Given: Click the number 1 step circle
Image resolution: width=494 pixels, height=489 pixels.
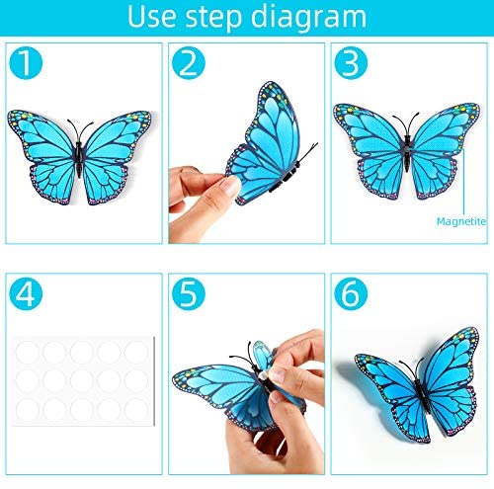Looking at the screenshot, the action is [26, 63].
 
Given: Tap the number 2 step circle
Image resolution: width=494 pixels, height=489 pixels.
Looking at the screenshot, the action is [189, 63].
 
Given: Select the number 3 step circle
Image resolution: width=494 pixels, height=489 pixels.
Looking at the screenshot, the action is [351, 63].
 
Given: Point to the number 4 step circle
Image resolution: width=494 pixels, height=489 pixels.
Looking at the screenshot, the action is [26, 293].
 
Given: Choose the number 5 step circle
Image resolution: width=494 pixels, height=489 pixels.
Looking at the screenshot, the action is [189, 293].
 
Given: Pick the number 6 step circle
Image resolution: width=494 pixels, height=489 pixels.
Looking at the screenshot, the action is [351, 293].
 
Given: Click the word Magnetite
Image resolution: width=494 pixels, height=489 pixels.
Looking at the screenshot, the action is [461, 221].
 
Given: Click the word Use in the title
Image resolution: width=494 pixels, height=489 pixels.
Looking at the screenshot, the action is [151, 17].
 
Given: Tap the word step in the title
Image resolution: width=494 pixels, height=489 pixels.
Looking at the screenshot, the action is [213, 18].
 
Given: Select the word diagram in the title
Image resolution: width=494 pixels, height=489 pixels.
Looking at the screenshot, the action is [309, 18].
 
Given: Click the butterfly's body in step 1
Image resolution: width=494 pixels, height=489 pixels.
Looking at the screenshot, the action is [79, 157].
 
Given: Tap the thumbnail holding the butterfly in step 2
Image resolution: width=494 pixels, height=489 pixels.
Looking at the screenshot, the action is [231, 186].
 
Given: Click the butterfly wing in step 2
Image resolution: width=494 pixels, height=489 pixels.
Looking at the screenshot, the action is [264, 141].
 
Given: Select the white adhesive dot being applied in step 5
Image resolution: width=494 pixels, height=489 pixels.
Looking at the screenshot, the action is [265, 376].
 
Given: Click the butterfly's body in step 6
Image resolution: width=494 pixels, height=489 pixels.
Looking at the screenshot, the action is [423, 395].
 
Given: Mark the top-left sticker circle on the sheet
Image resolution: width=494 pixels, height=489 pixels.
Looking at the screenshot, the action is [28, 353].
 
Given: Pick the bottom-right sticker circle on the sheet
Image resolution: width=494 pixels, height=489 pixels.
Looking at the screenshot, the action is [136, 409].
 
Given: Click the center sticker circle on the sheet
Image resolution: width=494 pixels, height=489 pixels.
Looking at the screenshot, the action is [82, 381].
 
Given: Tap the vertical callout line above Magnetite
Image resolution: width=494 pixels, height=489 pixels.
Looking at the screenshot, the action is [463, 182].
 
